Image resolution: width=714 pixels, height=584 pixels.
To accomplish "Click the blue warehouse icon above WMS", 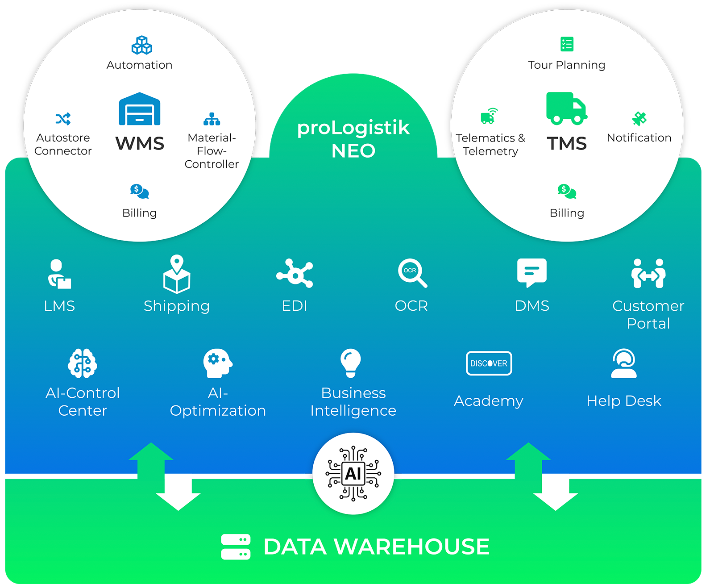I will coord(140,109).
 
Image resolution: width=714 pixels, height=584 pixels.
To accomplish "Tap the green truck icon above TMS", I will coord(566,108).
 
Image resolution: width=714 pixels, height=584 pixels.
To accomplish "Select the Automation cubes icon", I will coord(141,45).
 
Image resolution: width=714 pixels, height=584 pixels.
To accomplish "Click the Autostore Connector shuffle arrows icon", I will coord(63,119).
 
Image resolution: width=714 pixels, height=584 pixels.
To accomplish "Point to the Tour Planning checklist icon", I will coord(567,44).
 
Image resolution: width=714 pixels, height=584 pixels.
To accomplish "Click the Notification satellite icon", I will coord(639,118).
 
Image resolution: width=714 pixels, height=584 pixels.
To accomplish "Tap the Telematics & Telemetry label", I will coord(490,144).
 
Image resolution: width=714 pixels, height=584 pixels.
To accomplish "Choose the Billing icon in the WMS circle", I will coord(139,192).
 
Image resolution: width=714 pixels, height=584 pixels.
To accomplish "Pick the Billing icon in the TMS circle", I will coord(567,192).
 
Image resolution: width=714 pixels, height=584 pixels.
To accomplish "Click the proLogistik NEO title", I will coord(353,139).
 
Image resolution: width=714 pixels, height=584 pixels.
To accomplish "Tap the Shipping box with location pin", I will coord(177,274).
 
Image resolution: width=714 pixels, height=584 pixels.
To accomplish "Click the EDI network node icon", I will coord(295,273).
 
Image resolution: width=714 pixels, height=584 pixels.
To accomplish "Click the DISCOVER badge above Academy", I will coord(489,363).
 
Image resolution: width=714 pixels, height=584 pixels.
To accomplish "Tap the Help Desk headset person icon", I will coord(624,363).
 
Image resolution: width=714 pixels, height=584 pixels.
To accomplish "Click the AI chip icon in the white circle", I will coord(353,473).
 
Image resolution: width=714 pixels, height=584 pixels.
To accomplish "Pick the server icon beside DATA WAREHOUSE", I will coord(236,546).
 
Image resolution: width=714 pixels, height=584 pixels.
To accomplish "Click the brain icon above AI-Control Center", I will coord(83,363).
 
